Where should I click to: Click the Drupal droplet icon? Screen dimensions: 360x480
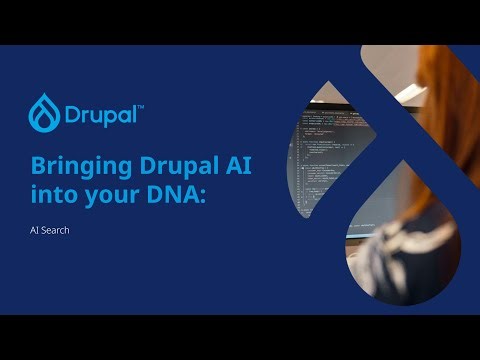coord(45,109)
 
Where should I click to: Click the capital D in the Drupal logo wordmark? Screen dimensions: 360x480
coord(73,110)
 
